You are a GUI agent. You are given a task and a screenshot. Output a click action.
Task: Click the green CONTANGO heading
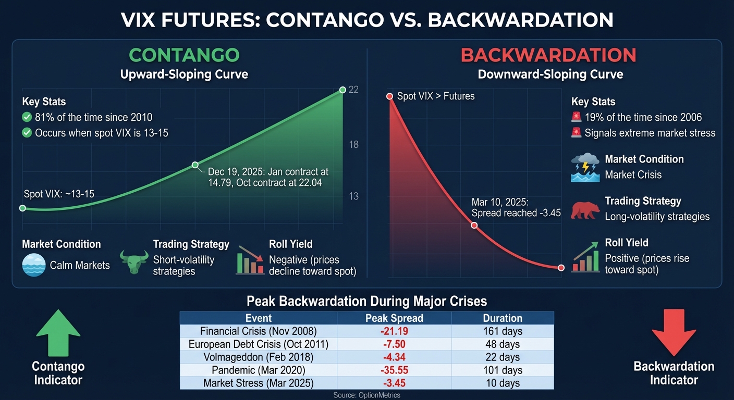pyautogui.click(x=184, y=55)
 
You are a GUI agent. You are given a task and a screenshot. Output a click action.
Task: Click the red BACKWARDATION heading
pyautogui.click(x=549, y=55)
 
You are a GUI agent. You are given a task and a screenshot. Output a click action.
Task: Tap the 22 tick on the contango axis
pyautogui.click(x=353, y=90)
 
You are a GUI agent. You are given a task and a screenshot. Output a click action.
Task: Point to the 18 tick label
pyautogui.click(x=353, y=144)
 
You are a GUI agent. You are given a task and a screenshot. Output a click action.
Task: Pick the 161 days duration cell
pyautogui.click(x=503, y=331)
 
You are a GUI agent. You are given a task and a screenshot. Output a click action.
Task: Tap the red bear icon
pyautogui.click(x=585, y=209)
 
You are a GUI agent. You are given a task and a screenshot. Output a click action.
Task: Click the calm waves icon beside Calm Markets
pyautogui.click(x=34, y=265)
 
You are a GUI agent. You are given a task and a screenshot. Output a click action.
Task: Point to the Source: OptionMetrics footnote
pyautogui.click(x=366, y=395)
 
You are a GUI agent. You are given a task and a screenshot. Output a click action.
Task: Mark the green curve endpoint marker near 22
pyautogui.click(x=342, y=90)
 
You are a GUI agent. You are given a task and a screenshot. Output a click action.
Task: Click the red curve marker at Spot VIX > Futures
pyautogui.click(x=389, y=96)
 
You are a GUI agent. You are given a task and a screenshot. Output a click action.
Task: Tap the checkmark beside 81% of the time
pyautogui.click(x=27, y=118)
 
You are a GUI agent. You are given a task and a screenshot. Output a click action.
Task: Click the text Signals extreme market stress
pyautogui.click(x=650, y=133)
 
